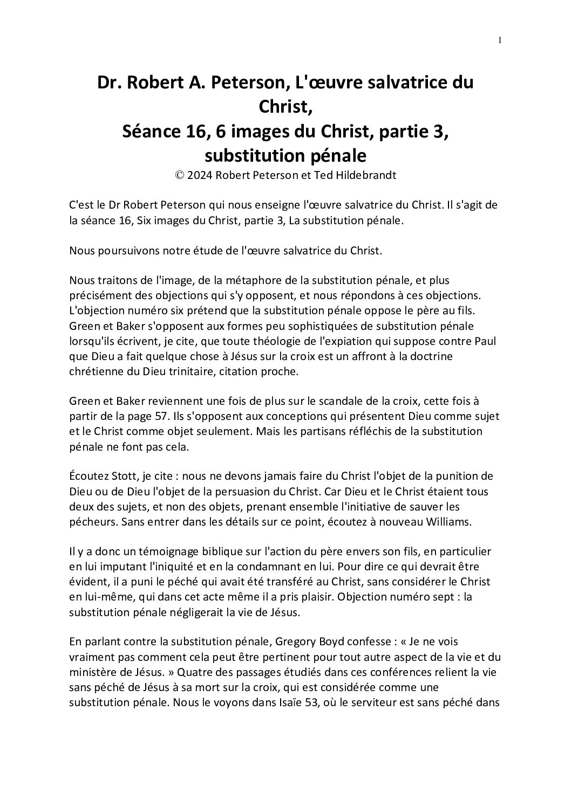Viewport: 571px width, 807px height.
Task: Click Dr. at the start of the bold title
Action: coord(108,83)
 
